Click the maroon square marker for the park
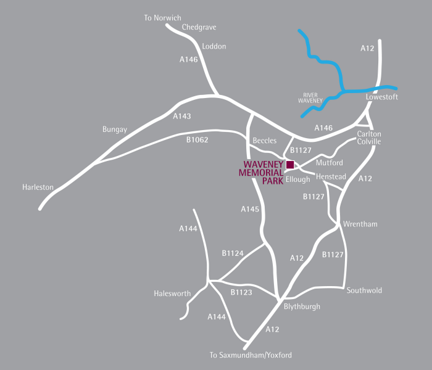coord(289,164)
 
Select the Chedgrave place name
coord(199,28)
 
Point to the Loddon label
coord(214,46)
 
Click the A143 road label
coord(182,116)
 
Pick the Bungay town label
coord(114,129)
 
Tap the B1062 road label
coord(197,140)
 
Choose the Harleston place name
coord(38,187)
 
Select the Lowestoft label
coord(381,97)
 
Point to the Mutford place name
coord(328,163)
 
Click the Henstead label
coord(331,177)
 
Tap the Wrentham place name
coord(360,224)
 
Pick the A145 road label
coord(249,210)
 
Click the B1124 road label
coord(233,253)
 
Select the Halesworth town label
coord(172,294)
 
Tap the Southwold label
coord(364,290)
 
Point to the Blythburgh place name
coord(302,306)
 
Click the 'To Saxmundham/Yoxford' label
coord(251,355)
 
